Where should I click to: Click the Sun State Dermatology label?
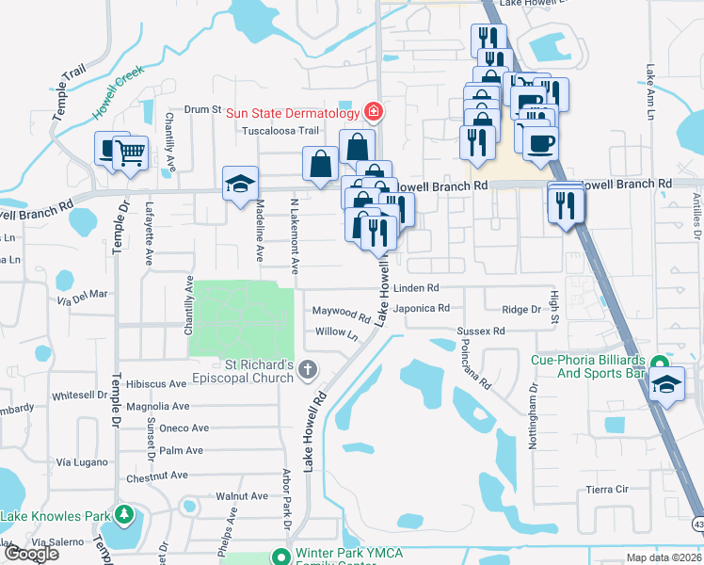(x=295, y=112)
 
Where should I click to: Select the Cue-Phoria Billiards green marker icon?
(x=660, y=363)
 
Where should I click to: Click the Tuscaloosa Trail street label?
(x=282, y=131)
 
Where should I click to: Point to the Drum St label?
(x=201, y=110)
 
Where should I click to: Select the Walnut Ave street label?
(x=242, y=495)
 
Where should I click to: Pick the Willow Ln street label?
(x=338, y=332)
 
